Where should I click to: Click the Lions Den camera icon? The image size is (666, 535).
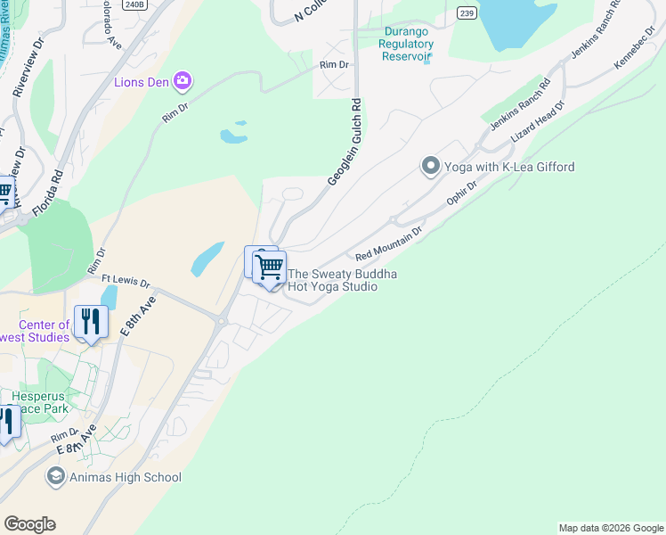pos(183,83)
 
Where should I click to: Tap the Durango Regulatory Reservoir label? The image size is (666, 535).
pos(406,43)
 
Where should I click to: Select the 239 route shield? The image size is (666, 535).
pos(466,12)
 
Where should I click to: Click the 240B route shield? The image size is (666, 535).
pos(134,4)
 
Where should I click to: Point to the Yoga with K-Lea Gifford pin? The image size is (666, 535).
pos(431,167)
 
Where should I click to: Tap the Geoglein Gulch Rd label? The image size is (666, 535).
pos(345,143)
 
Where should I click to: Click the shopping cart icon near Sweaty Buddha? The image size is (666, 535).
pos(269,267)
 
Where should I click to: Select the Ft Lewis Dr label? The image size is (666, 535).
pos(126,283)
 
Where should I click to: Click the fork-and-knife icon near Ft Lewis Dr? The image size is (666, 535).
pos(91,322)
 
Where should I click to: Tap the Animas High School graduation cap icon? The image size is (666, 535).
pos(56,477)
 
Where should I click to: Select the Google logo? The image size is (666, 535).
pos(29,524)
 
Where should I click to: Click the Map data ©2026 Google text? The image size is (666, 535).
pos(611,528)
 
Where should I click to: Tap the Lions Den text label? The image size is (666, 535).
pos(142,83)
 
